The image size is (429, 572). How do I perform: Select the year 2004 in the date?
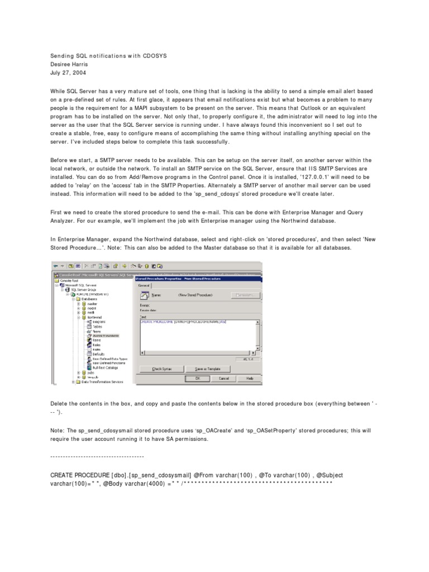(x=78, y=73)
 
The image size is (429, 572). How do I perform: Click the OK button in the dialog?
(x=197, y=378)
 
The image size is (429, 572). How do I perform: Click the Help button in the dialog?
(x=250, y=378)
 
